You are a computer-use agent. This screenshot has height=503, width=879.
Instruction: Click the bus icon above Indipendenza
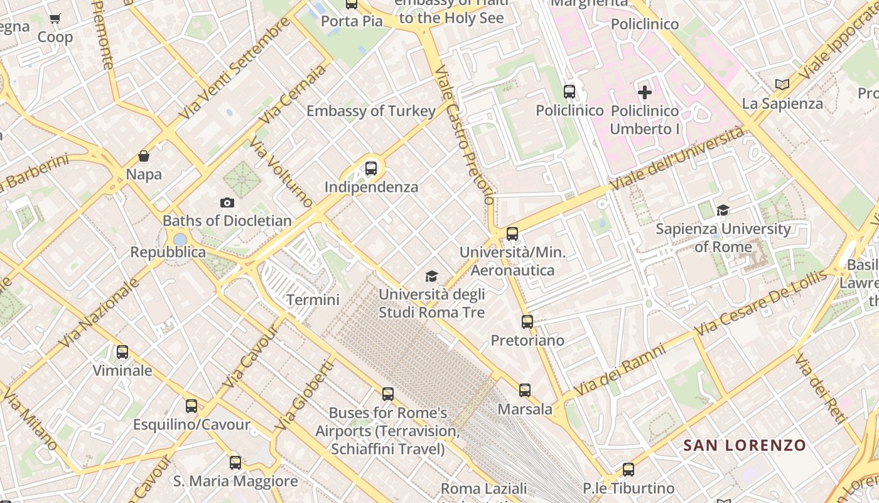coord(371,169)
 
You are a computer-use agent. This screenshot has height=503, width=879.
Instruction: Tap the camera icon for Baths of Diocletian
coord(227,202)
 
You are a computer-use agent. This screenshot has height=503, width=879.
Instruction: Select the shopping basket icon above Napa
coord(144,156)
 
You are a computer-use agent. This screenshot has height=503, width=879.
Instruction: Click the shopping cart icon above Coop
coord(55,18)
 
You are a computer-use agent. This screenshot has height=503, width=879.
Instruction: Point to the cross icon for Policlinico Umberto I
coord(645,93)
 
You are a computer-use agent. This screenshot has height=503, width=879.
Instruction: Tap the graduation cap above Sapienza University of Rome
coord(723,210)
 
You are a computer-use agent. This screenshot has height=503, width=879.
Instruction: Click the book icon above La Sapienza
coord(782,84)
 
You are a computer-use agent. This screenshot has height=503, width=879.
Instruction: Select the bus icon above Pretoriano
coord(527,322)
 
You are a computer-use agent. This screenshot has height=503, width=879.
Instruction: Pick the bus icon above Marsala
coord(525,390)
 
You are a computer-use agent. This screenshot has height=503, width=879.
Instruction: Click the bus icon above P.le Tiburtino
coord(628,469)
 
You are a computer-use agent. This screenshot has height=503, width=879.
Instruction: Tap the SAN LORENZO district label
coord(745,446)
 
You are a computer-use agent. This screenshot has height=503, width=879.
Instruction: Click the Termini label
coord(313,300)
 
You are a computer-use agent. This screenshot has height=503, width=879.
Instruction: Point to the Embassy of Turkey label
coord(371,111)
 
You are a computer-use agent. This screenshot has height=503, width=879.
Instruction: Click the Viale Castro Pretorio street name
coord(465,135)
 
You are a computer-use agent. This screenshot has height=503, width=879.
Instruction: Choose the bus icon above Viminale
coord(122,352)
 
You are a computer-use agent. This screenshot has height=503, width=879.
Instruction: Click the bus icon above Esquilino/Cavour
coord(191,406)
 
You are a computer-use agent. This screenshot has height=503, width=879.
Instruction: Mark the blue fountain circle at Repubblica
coord(180,240)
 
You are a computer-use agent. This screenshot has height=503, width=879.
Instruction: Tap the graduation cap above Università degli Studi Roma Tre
coord(431,276)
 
